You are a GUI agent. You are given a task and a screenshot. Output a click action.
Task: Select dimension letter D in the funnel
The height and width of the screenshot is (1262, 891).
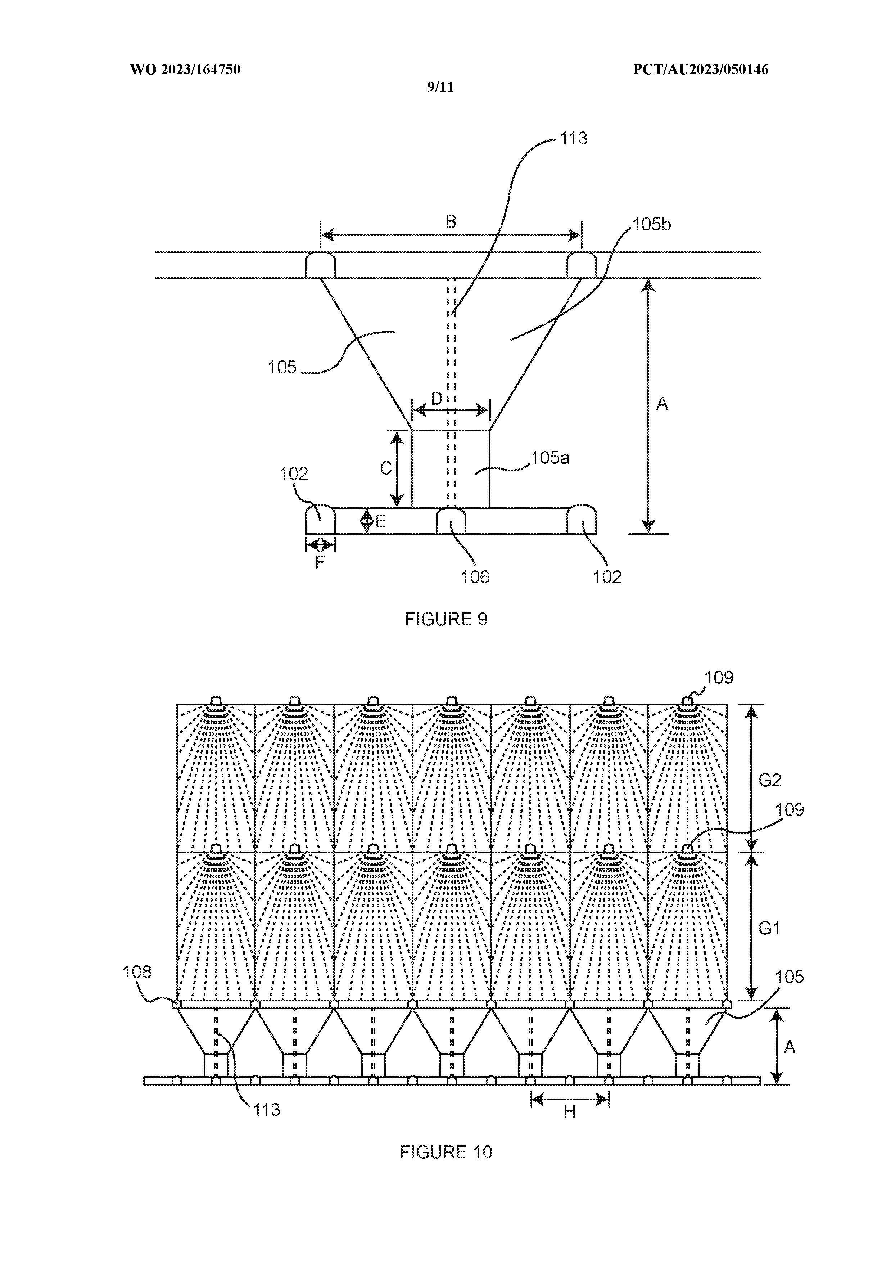click(x=436, y=399)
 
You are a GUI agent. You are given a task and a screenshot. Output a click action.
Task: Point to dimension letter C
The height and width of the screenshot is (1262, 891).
click(x=386, y=468)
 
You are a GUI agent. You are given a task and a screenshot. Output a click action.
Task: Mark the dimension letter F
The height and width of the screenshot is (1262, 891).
click(x=320, y=562)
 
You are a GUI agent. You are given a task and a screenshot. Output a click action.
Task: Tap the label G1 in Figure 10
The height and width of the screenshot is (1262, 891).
click(x=769, y=928)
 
